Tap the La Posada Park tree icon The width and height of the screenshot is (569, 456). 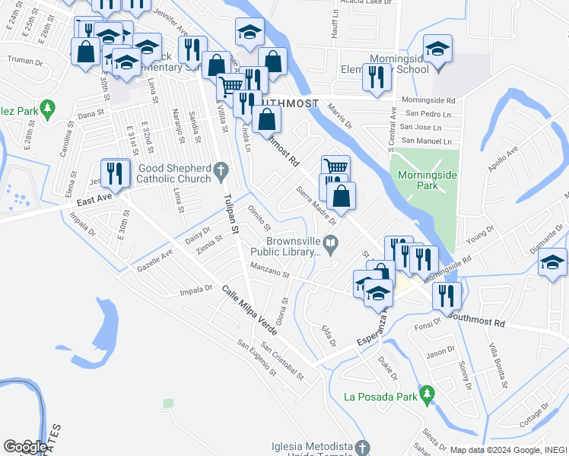pyautogui.click(x=428, y=394)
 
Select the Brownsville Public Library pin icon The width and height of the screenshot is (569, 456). pyautogui.click(x=330, y=244)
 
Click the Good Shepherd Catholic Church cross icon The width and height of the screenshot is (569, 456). pyautogui.click(x=221, y=169)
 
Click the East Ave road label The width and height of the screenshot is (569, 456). pyautogui.click(x=94, y=199)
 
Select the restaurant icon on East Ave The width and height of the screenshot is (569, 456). pyautogui.click(x=114, y=174)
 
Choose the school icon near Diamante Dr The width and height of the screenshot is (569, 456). pyautogui.click(x=553, y=263)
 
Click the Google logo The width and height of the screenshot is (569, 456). pyautogui.click(x=25, y=447)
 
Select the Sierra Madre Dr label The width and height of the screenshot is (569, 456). pyautogui.click(x=316, y=205)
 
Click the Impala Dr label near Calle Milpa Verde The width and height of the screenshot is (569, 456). pyautogui.click(x=197, y=289)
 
